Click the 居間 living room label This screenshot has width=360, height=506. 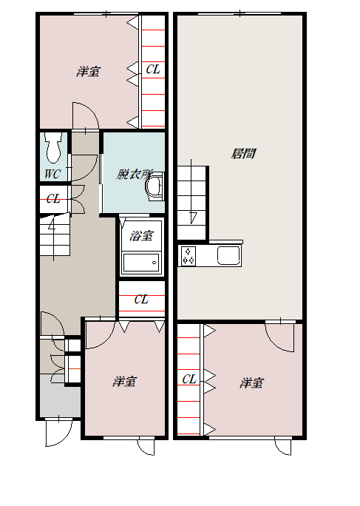(x=243, y=154)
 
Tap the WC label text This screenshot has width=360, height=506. (x=52, y=175)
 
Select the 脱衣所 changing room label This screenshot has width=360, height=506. (x=135, y=175)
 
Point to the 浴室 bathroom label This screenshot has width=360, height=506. (x=141, y=235)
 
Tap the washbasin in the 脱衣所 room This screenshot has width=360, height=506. (x=154, y=187)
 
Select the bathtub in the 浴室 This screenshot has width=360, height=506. (x=141, y=263)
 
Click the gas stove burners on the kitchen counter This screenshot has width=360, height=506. (x=188, y=256)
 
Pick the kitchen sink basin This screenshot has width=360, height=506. (x=228, y=255)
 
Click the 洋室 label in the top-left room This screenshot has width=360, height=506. (x=89, y=72)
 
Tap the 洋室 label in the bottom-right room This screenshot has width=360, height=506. (x=251, y=383)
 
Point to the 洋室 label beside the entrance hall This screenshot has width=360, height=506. (x=124, y=382)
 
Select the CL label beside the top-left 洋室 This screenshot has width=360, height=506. (x=153, y=69)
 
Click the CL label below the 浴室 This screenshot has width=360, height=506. (x=141, y=300)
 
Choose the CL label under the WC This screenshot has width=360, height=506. (x=53, y=198)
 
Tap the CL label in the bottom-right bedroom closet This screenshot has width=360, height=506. (x=189, y=379)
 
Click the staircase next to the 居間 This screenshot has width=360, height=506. (x=192, y=203)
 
